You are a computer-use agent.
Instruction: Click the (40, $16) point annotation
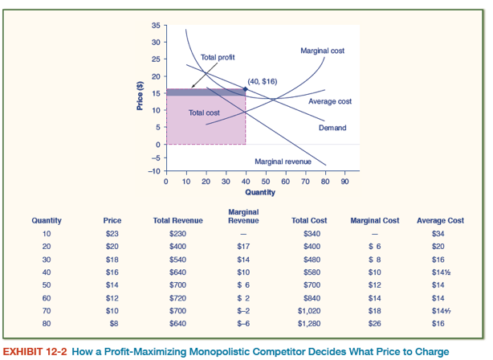263,81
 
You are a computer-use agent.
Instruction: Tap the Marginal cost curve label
322,50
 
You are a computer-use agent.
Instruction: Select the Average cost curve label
329,101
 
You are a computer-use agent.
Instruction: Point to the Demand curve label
332,128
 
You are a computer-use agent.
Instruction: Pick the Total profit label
217,58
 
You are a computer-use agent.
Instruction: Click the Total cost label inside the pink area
204,112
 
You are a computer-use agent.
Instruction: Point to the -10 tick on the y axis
153,171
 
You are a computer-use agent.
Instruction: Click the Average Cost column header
440,220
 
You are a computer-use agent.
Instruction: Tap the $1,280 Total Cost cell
309,323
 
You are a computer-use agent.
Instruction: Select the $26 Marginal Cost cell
375,323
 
